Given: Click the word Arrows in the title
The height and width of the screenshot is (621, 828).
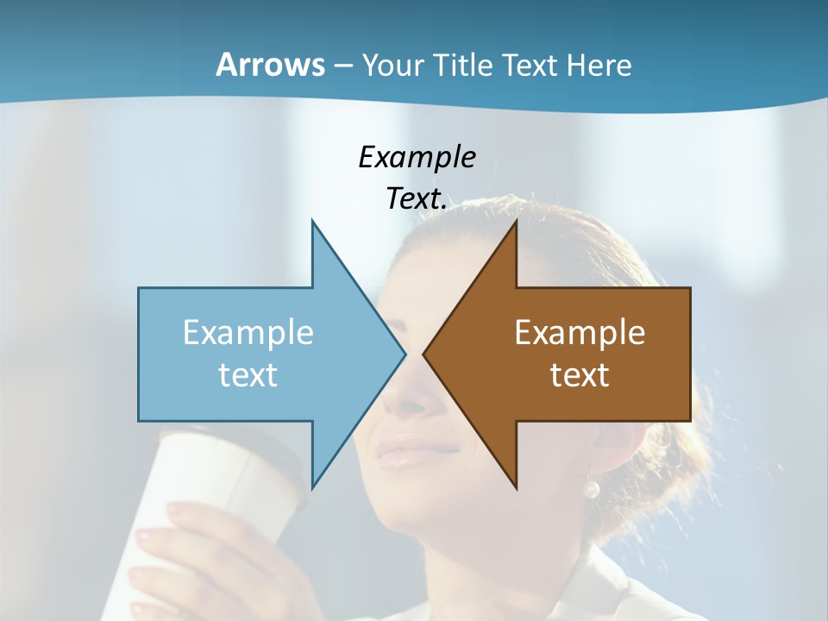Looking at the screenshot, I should tap(270, 65).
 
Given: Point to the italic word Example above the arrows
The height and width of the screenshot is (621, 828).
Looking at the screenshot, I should tap(417, 157).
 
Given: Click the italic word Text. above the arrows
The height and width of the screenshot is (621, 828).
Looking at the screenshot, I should tap(417, 199).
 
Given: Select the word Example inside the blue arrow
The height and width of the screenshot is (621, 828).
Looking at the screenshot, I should tap(248, 332).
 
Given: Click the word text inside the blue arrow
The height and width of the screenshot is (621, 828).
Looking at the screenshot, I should tap(248, 374).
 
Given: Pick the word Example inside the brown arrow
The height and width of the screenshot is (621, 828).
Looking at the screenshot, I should tap(580, 332).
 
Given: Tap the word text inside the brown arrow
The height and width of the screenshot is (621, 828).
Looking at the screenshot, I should tap(580, 374).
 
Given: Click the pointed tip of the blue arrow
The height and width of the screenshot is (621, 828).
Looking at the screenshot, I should tap(404, 354).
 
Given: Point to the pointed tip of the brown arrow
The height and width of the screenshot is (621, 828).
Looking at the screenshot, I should tap(425, 354).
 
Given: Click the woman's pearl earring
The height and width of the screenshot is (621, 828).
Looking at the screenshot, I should tap(591, 490).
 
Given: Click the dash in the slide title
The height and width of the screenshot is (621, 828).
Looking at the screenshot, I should tap(342, 66).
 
